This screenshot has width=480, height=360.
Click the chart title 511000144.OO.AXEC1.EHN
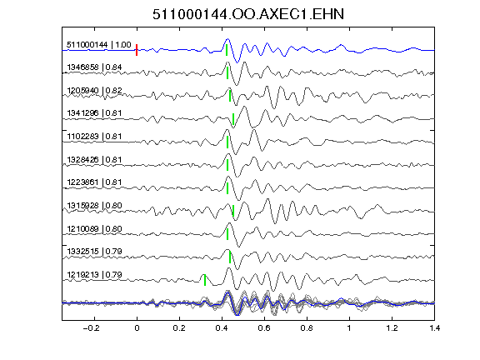click(248, 14)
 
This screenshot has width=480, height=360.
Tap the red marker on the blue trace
click(137, 50)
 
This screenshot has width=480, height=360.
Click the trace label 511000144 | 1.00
click(99, 45)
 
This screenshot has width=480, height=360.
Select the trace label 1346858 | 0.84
click(94, 67)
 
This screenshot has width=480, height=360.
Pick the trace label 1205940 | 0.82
click(94, 90)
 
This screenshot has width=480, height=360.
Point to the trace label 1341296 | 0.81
click(94, 113)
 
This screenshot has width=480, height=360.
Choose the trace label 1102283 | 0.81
click(94, 136)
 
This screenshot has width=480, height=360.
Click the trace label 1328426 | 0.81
click(94, 159)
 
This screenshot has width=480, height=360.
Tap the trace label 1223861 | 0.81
click(94, 182)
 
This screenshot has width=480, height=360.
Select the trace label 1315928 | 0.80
click(94, 205)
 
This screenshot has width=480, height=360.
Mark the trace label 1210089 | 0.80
click(94, 228)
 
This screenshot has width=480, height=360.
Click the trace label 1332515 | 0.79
click(94, 252)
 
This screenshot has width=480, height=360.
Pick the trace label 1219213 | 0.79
click(94, 275)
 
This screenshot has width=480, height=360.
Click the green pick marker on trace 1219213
click(205, 280)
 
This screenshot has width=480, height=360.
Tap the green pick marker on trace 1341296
click(233, 119)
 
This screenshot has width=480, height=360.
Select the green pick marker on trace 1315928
click(233, 211)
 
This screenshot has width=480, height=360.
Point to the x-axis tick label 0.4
click(222, 328)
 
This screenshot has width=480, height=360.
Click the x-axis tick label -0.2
click(91, 328)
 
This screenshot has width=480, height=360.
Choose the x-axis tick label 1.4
click(434, 328)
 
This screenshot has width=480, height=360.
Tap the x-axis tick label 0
click(137, 328)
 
